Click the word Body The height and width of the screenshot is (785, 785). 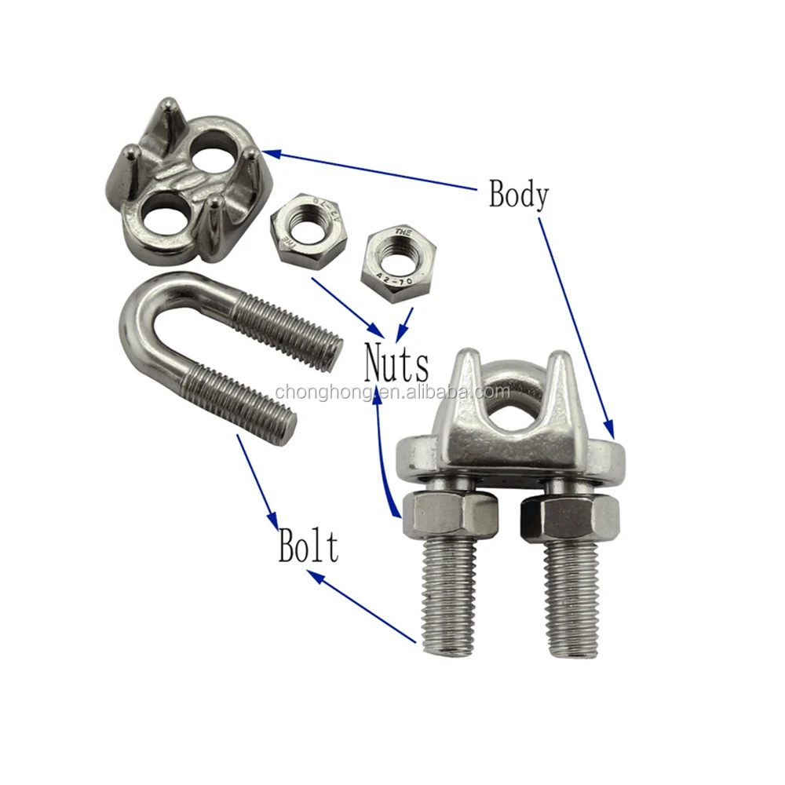518,194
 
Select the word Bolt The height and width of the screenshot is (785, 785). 308,546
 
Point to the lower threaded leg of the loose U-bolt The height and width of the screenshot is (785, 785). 239,402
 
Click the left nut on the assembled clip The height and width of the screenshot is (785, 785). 440,516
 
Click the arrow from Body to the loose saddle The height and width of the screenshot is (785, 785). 369,169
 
